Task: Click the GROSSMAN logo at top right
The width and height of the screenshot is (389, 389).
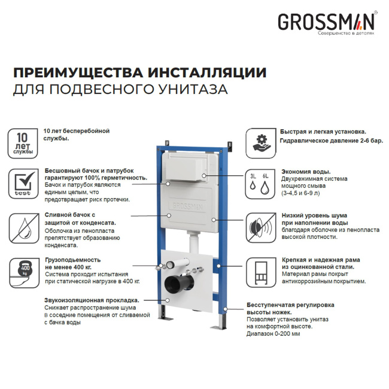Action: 326,23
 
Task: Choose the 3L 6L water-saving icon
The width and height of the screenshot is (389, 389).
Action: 261,183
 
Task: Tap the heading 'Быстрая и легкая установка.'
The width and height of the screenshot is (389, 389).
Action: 323,131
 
